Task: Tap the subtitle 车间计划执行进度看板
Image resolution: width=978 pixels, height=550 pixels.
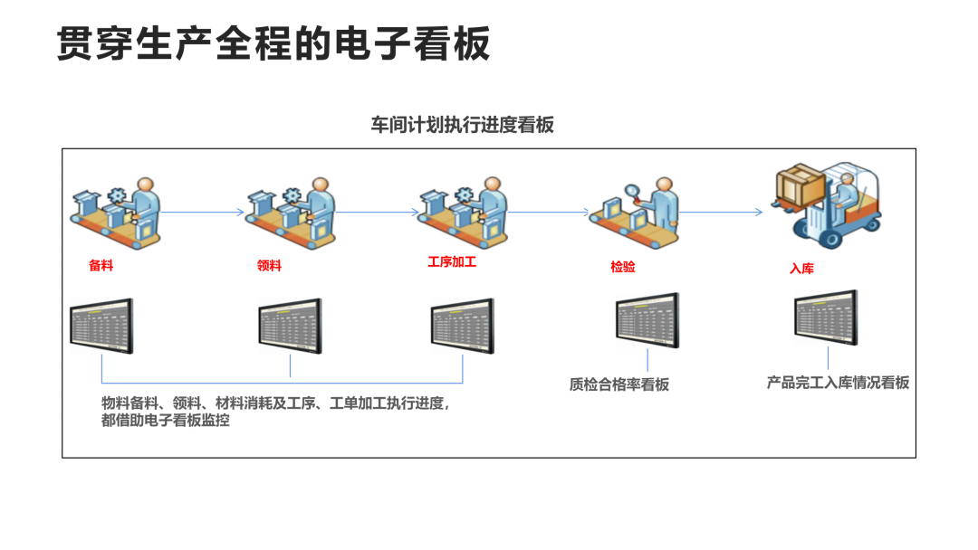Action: pyautogui.click(x=462, y=125)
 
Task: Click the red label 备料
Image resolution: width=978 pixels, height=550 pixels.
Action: pyautogui.click(x=101, y=266)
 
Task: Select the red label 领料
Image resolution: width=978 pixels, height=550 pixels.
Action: pyautogui.click(x=270, y=265)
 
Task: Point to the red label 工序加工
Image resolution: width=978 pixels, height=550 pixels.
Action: pyautogui.click(x=452, y=262)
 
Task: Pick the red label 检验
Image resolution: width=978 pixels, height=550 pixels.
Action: pyautogui.click(x=623, y=267)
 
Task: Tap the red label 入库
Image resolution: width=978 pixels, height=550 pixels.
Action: pyautogui.click(x=801, y=269)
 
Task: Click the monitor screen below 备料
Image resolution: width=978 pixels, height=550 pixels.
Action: pyautogui.click(x=101, y=326)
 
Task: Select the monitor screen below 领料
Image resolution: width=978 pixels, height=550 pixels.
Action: pyautogui.click(x=290, y=326)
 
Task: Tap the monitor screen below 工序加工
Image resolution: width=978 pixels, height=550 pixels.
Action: pyautogui.click(x=462, y=326)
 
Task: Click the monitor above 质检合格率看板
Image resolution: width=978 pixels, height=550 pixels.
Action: pyautogui.click(x=647, y=319)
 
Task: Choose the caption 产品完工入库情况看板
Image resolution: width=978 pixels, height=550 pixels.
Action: pyautogui.click(x=838, y=383)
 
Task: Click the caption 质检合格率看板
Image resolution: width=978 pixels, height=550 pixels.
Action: pyautogui.click(x=619, y=384)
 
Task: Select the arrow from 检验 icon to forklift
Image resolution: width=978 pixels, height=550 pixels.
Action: pyautogui.click(x=721, y=213)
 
